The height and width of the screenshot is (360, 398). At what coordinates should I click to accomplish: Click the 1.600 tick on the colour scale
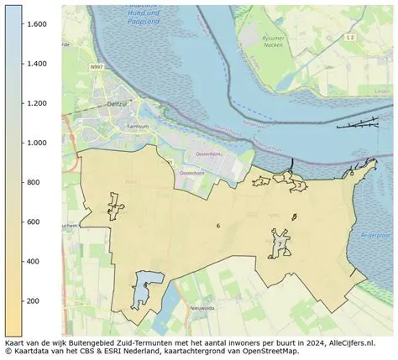coord(35,24)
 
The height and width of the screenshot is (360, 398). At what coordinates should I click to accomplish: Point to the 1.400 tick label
coord(35,64)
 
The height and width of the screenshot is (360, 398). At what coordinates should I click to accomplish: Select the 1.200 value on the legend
coord(35,103)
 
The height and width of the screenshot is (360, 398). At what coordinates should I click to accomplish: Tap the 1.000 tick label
coord(35,143)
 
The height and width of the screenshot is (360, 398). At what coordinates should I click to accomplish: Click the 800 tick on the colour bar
coord(34,182)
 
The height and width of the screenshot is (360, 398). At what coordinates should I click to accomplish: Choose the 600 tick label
coord(34,222)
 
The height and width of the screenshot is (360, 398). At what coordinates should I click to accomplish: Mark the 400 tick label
coord(34,261)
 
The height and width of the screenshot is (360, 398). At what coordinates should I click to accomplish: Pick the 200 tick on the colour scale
coord(34,300)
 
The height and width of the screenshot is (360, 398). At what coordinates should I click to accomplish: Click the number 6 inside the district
coord(217,226)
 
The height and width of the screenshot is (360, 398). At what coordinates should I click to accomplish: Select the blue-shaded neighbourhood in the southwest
coord(144,290)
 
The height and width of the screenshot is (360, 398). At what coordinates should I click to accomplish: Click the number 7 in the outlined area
coord(280,243)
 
